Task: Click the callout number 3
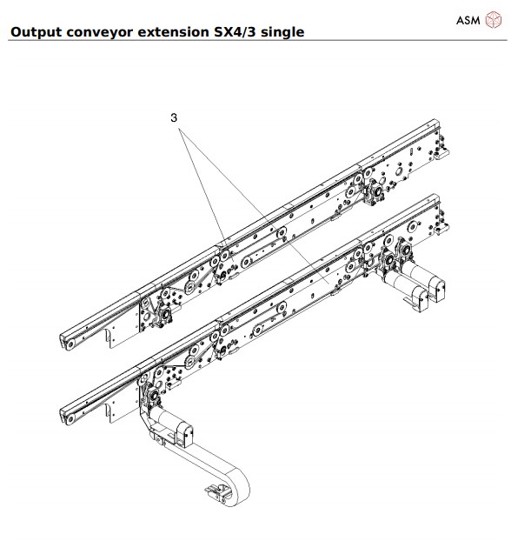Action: coord(174,115)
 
